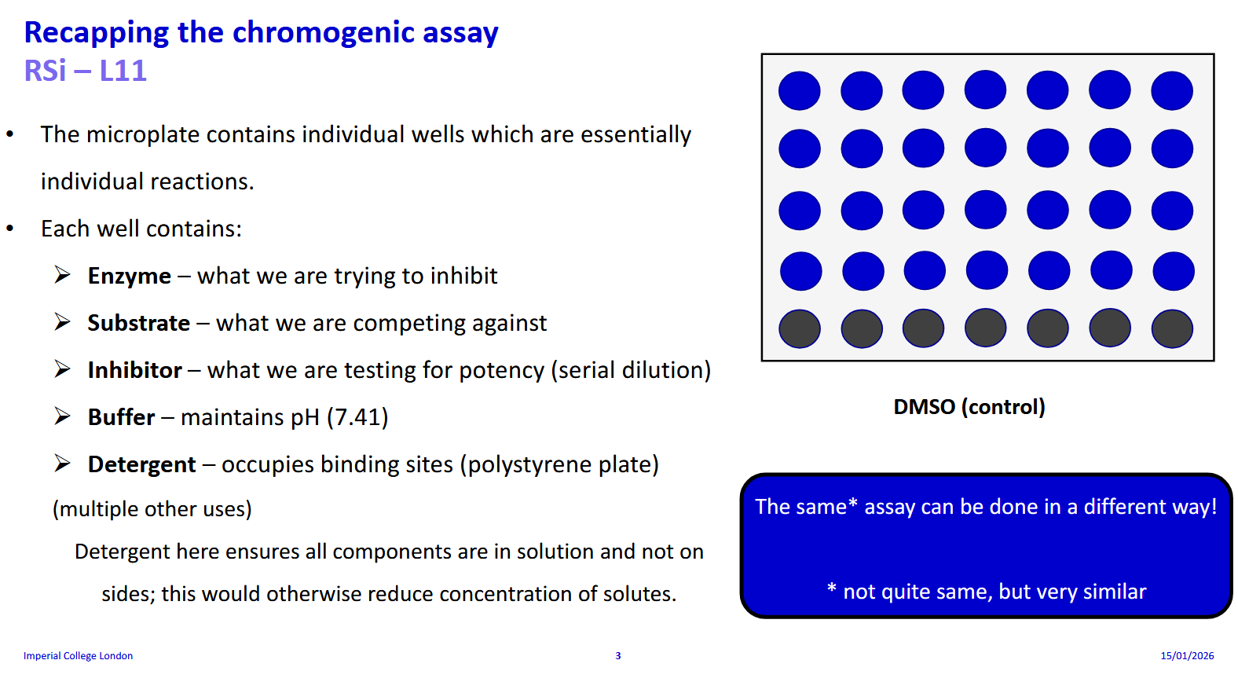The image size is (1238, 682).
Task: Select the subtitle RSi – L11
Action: (85, 71)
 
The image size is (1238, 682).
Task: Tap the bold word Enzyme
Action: (129, 276)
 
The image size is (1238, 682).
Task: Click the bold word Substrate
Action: (138, 323)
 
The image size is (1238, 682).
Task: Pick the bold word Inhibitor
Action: (134, 370)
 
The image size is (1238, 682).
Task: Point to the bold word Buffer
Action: (121, 417)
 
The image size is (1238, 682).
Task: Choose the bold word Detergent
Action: (141, 464)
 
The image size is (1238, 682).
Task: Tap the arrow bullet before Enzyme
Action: (63, 275)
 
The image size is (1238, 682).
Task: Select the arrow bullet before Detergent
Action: (63, 464)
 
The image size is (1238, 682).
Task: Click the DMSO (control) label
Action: (969, 407)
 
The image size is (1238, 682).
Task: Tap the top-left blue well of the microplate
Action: (799, 90)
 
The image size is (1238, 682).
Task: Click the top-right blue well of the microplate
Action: (1171, 90)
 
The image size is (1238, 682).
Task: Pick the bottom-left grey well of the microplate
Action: (799, 328)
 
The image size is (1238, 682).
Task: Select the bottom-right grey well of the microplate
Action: (1171, 328)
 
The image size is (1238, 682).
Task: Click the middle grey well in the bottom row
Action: (985, 328)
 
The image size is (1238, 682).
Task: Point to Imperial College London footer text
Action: (78, 656)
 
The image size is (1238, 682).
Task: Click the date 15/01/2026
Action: (1187, 656)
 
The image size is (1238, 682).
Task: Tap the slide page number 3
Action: (618, 656)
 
